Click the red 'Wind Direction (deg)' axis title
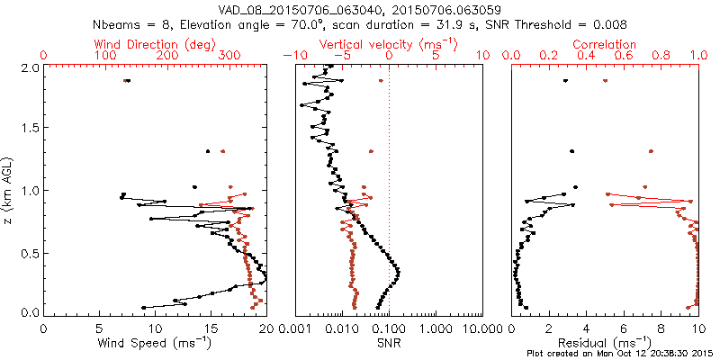click(154, 44)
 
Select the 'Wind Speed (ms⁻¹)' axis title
click(155, 343)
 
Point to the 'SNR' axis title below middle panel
click(388, 343)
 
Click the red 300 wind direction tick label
click(229, 56)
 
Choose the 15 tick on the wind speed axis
click(211, 328)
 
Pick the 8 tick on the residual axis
click(660, 328)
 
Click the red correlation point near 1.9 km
click(605, 81)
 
